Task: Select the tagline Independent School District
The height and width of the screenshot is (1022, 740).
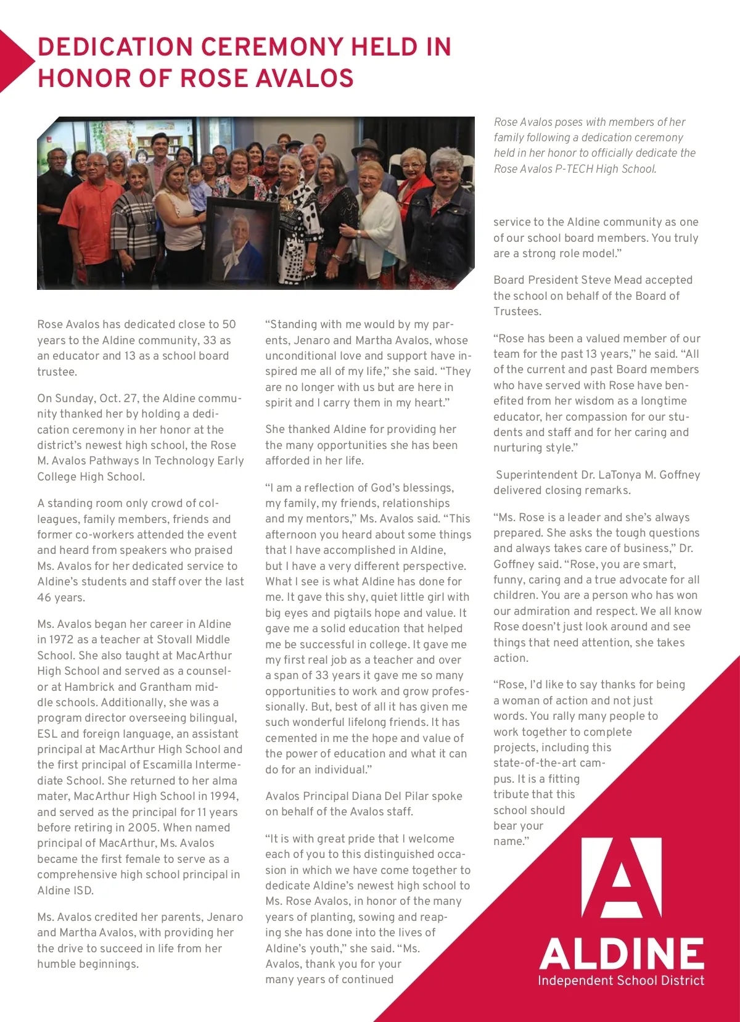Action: click(621, 981)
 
